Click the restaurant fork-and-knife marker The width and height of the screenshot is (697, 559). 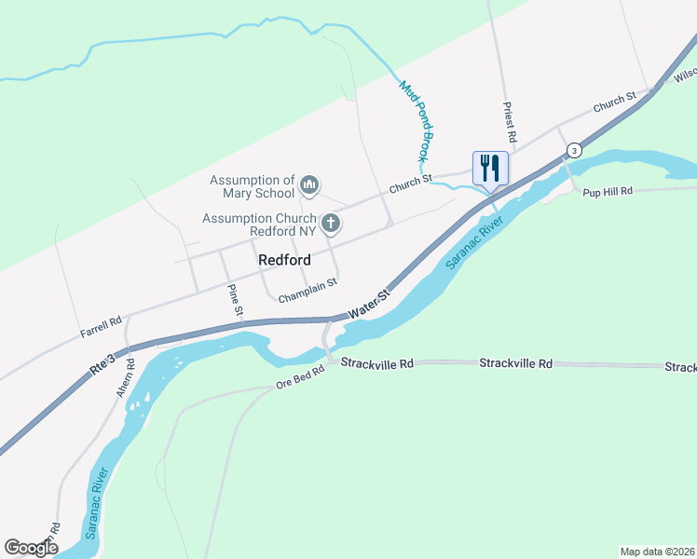490,169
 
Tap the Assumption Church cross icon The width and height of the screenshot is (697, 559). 330,224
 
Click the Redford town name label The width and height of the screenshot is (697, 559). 284,261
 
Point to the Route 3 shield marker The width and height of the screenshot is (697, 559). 574,150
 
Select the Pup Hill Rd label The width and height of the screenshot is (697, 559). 608,191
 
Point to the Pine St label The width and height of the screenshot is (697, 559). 236,297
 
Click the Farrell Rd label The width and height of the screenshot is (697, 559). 102,323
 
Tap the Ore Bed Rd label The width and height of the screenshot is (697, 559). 299,376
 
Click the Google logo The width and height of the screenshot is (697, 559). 31,548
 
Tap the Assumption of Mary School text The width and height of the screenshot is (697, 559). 252,186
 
